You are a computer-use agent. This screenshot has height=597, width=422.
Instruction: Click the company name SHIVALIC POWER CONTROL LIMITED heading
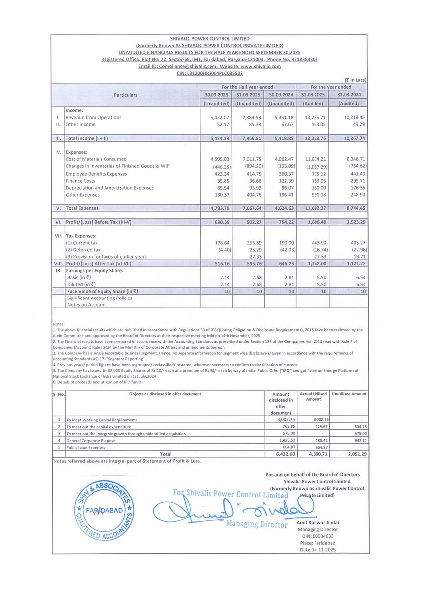[210, 38]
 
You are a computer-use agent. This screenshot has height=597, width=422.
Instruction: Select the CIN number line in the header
[210, 73]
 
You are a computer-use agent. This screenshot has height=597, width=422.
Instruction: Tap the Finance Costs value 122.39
[280, 181]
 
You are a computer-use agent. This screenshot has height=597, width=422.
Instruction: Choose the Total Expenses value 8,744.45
[352, 208]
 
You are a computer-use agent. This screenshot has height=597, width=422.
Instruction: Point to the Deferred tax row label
[83, 249]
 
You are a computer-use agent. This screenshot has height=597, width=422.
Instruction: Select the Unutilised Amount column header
[349, 394]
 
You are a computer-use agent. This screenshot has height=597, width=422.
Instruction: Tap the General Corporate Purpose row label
[91, 440]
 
